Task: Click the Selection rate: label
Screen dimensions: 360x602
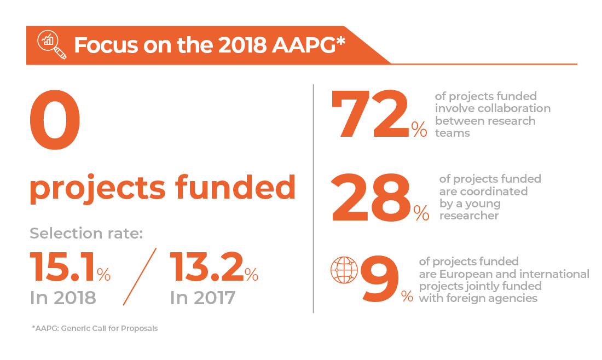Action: [86, 234]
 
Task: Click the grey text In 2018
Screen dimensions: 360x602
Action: [62, 298]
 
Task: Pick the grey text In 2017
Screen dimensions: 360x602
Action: [202, 298]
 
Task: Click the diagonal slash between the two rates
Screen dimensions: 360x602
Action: [140, 276]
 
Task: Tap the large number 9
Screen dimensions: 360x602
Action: [380, 281]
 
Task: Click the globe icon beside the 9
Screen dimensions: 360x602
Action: [344, 270]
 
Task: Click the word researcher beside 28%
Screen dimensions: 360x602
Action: [469, 216]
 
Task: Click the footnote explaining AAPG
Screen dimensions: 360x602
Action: [95, 328]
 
